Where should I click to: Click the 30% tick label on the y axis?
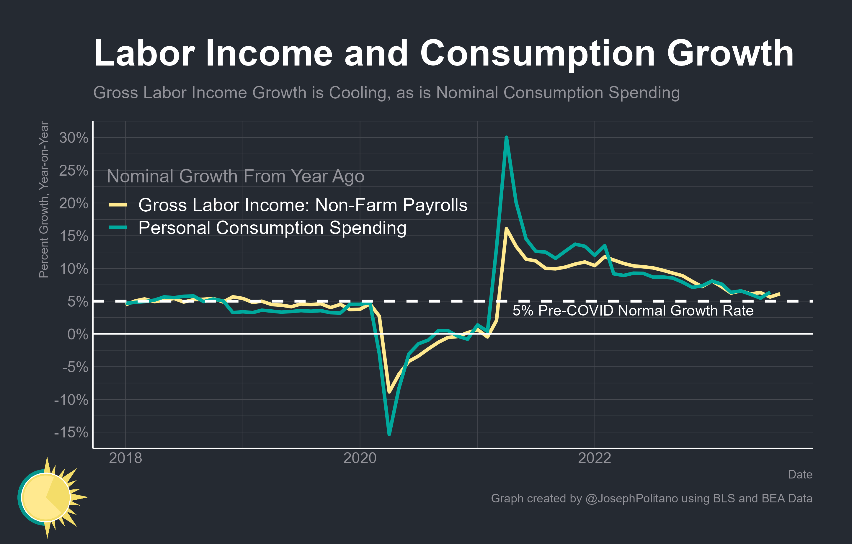pyautogui.click(x=74, y=138)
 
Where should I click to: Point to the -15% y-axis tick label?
pyautogui.click(x=71, y=432)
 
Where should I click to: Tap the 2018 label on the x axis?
pyautogui.click(x=125, y=458)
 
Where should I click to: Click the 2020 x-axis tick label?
pyautogui.click(x=360, y=458)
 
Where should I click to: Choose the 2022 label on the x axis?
pyautogui.click(x=594, y=458)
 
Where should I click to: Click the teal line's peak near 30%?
pyautogui.click(x=506, y=138)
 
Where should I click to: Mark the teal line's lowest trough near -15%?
pyautogui.click(x=389, y=434)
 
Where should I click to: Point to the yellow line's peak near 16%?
pyautogui.click(x=506, y=229)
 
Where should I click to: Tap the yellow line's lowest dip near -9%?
pyautogui.click(x=389, y=392)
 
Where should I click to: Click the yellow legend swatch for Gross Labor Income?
pyautogui.click(x=118, y=205)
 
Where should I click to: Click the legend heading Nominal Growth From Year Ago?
pyautogui.click(x=235, y=176)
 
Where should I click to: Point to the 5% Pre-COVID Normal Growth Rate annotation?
pyautogui.click(x=633, y=311)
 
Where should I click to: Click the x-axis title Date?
pyautogui.click(x=800, y=474)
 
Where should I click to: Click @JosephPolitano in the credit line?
pyautogui.click(x=631, y=498)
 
